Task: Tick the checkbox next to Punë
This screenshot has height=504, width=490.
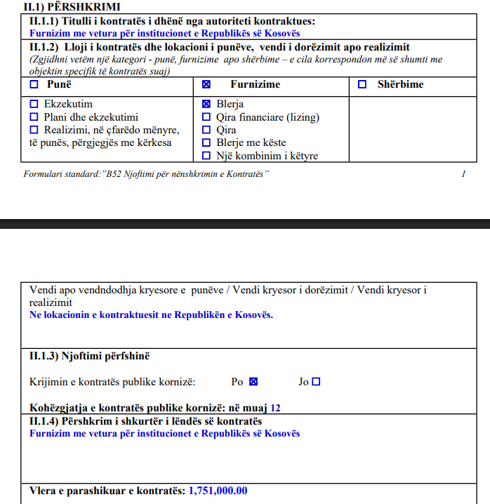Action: click(x=34, y=84)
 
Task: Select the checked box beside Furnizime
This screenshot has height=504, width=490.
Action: click(x=206, y=84)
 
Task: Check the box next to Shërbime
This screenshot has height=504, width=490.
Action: click(x=362, y=84)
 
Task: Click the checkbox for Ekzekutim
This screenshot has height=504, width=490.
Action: click(x=34, y=104)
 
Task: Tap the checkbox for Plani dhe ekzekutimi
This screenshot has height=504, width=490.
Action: click(x=34, y=117)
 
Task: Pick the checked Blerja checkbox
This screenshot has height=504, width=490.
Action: click(x=206, y=104)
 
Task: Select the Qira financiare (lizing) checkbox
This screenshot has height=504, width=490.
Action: click(x=206, y=117)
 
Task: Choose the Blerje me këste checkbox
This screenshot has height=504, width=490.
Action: click(x=206, y=142)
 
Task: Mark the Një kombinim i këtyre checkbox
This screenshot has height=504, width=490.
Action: click(x=206, y=156)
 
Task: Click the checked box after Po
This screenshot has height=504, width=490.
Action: click(x=254, y=382)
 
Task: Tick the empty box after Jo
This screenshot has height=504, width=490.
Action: click(x=316, y=382)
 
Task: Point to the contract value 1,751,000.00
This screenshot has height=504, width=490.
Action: click(x=218, y=491)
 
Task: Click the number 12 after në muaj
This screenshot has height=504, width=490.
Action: click(x=275, y=407)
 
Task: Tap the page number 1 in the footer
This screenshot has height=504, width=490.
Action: click(x=464, y=173)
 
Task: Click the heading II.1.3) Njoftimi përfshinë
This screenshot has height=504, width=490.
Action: click(x=90, y=356)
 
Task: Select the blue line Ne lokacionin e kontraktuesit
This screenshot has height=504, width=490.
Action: click(x=151, y=314)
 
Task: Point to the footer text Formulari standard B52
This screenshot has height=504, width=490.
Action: click(x=146, y=173)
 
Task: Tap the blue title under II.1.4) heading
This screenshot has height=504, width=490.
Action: click(x=164, y=433)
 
